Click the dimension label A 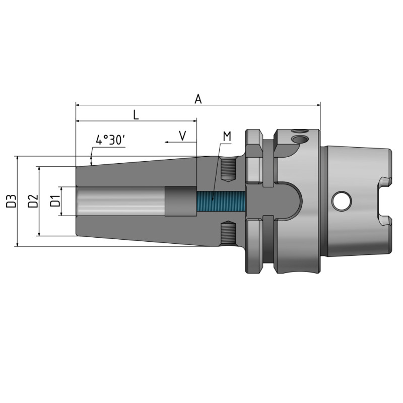pos(198,99)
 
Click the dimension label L pos(136,115)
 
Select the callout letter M pos(227,136)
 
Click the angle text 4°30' pos(110,140)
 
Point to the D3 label pos(11,201)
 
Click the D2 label pos(33,201)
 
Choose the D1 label pos(55,201)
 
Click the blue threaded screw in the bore pos(220,201)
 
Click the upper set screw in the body pos(228,170)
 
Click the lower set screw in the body pos(228,233)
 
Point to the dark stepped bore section pos(179,201)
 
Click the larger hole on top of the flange pos(301,139)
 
